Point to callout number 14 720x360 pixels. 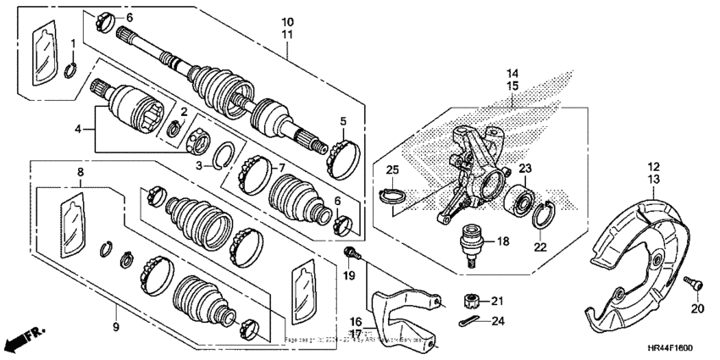[x=513, y=74]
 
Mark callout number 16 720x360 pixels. [x=357, y=322]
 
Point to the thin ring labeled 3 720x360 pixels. [x=224, y=154]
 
